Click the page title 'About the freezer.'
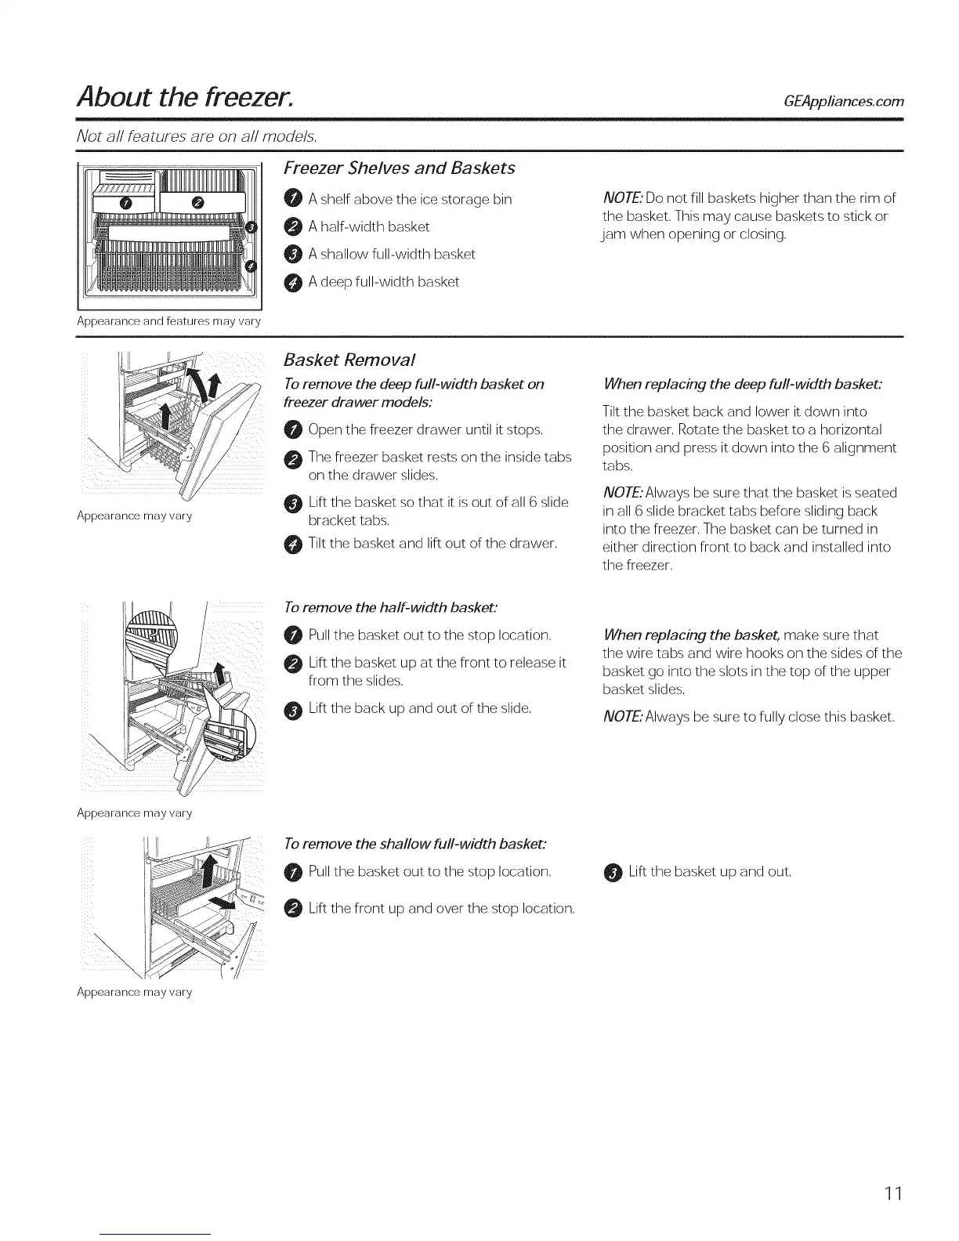(x=186, y=97)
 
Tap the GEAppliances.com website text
(x=843, y=101)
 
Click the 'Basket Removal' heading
(x=349, y=360)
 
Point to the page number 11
(x=895, y=1194)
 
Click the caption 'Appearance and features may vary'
(x=169, y=321)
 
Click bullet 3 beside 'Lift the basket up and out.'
(x=613, y=873)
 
